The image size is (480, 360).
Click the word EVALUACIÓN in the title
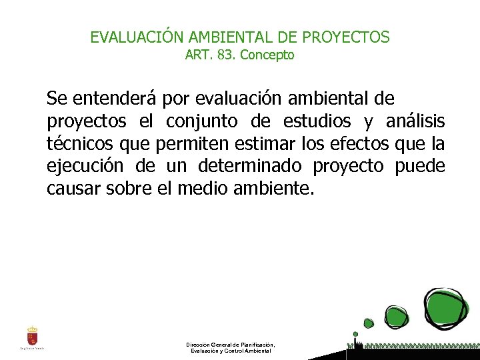pyautogui.click(x=130, y=37)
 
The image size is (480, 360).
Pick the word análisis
pyautogui.click(x=415, y=122)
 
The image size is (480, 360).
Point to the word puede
pyautogui.click(x=420, y=167)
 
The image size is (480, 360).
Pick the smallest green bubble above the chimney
pyautogui.click(x=355, y=333)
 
